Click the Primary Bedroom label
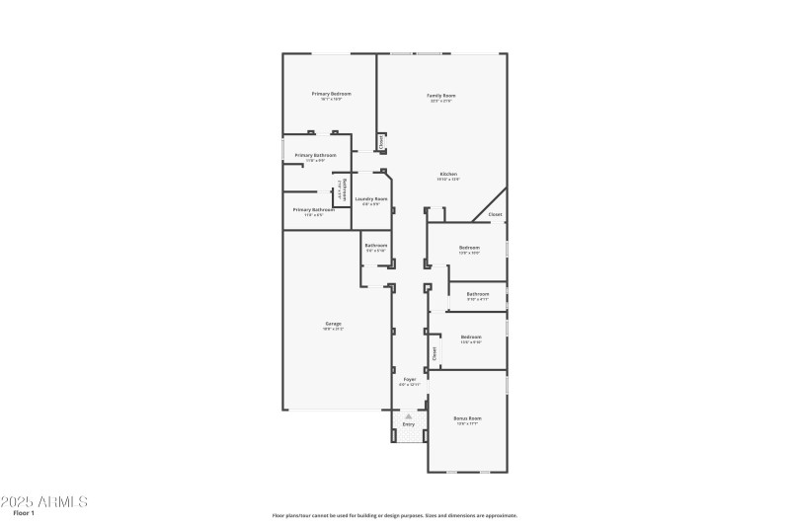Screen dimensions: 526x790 click(x=331, y=94)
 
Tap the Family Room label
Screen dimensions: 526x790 click(x=441, y=96)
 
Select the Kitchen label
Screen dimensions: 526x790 click(x=448, y=175)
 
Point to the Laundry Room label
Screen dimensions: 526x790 click(x=371, y=199)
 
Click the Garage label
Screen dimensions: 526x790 click(x=334, y=324)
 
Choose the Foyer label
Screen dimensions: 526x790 click(x=408, y=379)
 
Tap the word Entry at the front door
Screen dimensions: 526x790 click(x=408, y=424)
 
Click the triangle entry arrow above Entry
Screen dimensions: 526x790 click(x=408, y=416)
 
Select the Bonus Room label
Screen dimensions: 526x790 click(x=467, y=418)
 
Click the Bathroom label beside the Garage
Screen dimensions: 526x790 click(x=375, y=245)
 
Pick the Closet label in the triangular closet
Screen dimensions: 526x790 click(x=495, y=214)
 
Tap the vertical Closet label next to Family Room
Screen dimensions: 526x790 click(x=381, y=143)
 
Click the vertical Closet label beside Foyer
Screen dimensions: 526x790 click(x=434, y=351)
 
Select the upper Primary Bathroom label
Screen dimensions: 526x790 click(x=315, y=155)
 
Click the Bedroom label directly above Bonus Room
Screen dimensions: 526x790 click(x=471, y=337)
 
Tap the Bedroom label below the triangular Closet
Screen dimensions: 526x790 click(x=469, y=247)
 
